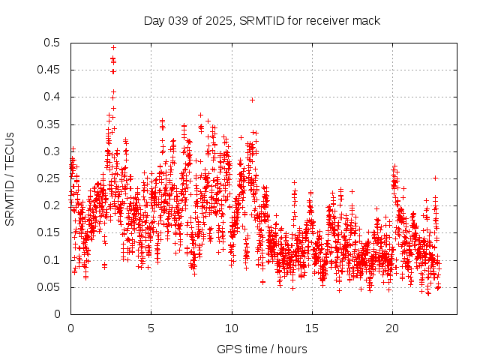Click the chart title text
262,21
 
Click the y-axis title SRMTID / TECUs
10,178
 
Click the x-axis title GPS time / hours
262,349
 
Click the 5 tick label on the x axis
151,328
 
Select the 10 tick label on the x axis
232,328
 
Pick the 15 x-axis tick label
312,328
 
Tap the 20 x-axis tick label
392,328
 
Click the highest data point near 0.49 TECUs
113,47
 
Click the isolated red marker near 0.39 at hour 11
252,100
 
